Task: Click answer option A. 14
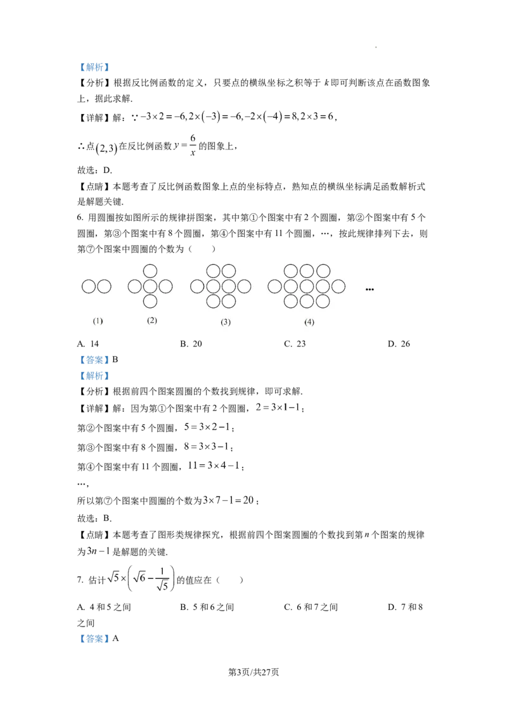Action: (x=88, y=344)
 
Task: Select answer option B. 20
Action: (x=191, y=344)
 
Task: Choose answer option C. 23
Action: (x=295, y=344)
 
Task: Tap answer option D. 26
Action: (x=399, y=344)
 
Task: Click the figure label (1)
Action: (x=98, y=321)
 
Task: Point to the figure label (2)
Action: (x=152, y=320)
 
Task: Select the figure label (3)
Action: (x=226, y=322)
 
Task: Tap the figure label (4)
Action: (x=309, y=322)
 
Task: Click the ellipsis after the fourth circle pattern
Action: (x=369, y=289)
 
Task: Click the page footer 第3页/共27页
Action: (x=253, y=672)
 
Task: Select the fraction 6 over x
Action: (x=193, y=146)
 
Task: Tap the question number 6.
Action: (x=80, y=218)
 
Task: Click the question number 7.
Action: (x=80, y=580)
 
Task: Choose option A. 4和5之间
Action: (x=104, y=607)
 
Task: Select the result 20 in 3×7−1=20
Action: (x=248, y=500)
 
